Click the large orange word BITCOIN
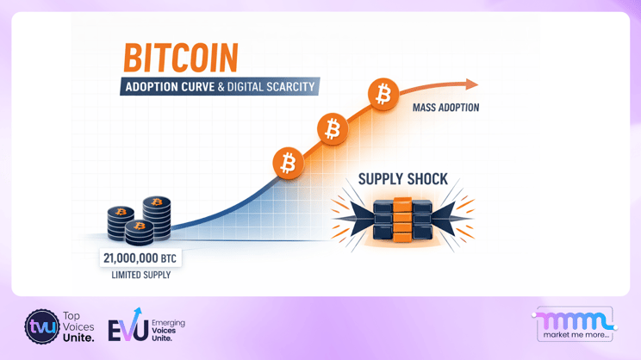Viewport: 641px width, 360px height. pyautogui.click(x=180, y=58)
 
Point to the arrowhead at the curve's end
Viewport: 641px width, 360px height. pyautogui.click(x=471, y=84)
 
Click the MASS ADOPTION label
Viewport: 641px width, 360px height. pyautogui.click(x=445, y=108)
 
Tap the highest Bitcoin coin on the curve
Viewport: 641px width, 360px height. pyautogui.click(x=383, y=93)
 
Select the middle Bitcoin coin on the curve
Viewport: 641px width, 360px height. pyautogui.click(x=332, y=129)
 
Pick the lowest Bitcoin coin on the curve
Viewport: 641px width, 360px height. pyautogui.click(x=288, y=163)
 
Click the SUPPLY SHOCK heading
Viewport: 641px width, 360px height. pyautogui.click(x=402, y=179)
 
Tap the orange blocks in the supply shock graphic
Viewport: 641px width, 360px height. pyautogui.click(x=402, y=220)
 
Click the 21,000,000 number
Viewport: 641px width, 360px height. pyautogui.click(x=130, y=258)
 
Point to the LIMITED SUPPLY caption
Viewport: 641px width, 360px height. pyautogui.click(x=141, y=275)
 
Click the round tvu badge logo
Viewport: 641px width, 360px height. pyautogui.click(x=41, y=327)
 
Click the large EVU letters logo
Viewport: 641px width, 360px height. pyautogui.click(x=128, y=328)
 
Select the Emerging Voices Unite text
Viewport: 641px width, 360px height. pyautogui.click(x=167, y=329)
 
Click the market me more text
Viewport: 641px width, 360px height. pyautogui.click(x=576, y=334)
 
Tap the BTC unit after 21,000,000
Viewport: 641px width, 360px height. pyautogui.click(x=168, y=258)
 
